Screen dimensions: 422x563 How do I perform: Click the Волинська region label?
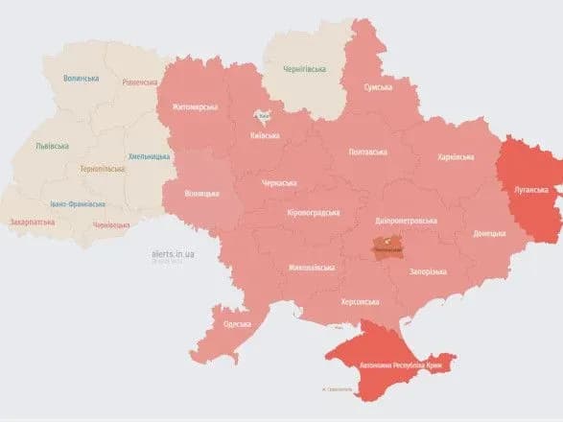pos(81,79)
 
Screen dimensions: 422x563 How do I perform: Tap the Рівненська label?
pos(139,82)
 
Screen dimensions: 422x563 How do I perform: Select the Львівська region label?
pos(50,146)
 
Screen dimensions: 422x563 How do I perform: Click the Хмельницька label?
pos(149,156)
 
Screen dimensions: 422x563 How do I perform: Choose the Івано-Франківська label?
pos(77,203)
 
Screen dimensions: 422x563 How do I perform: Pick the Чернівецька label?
pos(111,224)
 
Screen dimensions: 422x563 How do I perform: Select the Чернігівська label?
pos(305,69)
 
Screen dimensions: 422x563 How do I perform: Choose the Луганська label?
pos(530,190)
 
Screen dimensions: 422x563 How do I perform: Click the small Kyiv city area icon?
pos(262,116)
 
